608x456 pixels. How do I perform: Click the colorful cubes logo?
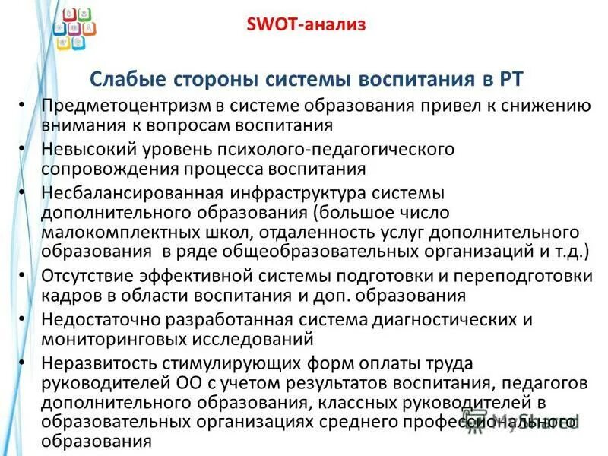point(74,28)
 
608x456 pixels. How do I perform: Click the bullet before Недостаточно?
point(24,320)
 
